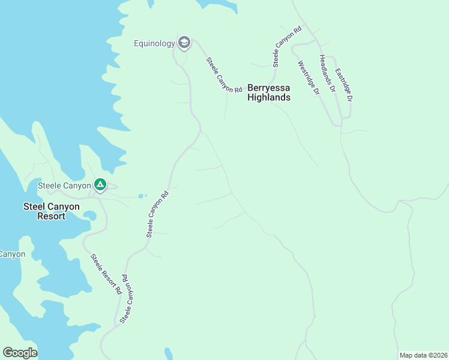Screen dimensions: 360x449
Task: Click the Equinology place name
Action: (154, 43)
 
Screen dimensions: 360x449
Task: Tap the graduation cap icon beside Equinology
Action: (184, 43)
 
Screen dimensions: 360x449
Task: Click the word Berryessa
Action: (269, 87)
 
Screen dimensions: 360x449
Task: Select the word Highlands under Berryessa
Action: (270, 97)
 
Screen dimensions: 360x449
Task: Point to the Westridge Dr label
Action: (309, 78)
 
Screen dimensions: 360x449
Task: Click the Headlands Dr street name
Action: (327, 73)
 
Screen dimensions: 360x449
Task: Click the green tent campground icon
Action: (100, 185)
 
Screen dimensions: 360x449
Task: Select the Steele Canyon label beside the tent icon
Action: (64, 185)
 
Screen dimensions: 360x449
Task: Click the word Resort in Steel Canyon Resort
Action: (50, 216)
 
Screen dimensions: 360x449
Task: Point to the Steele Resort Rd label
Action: (106, 274)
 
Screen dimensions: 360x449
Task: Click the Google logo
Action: (20, 353)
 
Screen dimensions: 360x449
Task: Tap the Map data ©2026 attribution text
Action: (423, 355)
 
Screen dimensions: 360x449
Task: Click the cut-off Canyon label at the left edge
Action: (12, 254)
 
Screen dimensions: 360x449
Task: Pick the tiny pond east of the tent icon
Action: (142, 196)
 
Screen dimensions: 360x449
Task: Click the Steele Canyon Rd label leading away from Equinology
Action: (224, 75)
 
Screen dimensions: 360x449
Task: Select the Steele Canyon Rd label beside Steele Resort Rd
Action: (127, 299)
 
